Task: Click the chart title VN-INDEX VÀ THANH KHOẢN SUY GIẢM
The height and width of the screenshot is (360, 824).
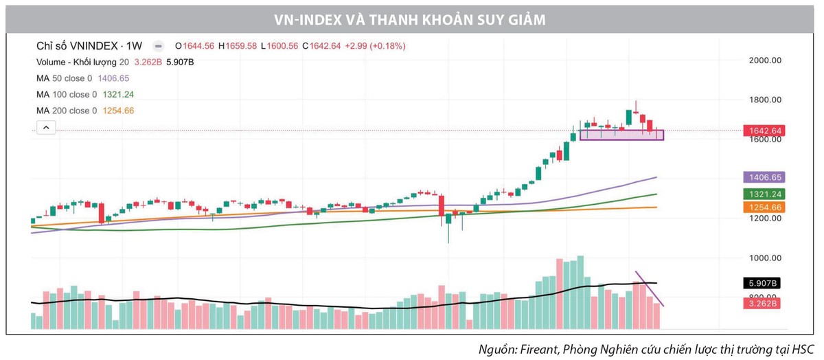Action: tap(412, 20)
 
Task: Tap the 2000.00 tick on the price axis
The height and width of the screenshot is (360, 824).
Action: tap(766, 60)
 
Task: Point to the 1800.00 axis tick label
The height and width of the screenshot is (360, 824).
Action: tap(766, 100)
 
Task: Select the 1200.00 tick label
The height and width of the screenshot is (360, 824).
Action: tap(766, 218)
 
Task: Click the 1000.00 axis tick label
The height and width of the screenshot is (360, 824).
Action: tap(766, 258)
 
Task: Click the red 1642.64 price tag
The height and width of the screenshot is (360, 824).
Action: tap(764, 131)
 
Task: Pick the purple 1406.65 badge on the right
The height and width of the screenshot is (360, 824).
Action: tap(764, 177)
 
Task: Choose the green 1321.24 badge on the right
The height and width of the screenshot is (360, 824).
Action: tap(764, 194)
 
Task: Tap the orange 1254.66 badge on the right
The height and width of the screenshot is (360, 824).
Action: tap(764, 207)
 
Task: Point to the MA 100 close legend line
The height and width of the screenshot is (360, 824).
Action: tap(85, 95)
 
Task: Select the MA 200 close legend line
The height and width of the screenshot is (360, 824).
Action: tap(85, 111)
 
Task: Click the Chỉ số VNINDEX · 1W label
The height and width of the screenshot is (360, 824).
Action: tap(89, 46)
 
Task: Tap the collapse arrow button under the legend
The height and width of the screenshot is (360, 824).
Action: tap(45, 128)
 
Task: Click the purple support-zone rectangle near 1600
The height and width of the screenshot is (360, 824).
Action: tap(621, 135)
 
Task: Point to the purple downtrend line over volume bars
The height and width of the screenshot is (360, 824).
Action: tap(650, 289)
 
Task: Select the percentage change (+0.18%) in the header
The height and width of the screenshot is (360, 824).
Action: tap(388, 46)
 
